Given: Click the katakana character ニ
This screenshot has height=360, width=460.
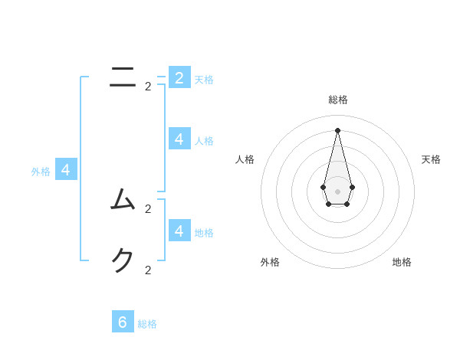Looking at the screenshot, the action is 123,76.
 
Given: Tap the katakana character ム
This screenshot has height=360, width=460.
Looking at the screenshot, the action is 123,199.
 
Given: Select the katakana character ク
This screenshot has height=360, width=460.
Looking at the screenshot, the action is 123,260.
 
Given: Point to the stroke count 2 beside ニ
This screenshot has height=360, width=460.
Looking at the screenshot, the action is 148,87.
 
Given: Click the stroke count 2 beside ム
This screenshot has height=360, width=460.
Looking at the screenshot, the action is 148,208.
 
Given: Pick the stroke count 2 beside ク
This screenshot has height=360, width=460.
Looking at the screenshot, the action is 148,270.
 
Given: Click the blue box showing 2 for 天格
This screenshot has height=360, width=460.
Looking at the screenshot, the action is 179,77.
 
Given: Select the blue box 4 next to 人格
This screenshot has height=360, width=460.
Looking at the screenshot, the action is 179,139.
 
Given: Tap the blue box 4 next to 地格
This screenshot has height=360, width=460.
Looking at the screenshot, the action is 179,231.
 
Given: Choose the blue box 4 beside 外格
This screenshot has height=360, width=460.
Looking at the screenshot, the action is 66,169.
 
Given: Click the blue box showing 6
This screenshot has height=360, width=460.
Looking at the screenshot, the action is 123,322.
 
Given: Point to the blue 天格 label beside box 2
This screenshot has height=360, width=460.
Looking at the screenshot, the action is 204,80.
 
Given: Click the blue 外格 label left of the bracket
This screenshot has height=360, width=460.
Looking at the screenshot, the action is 41,172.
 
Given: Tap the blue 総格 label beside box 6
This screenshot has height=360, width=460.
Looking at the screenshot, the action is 147,325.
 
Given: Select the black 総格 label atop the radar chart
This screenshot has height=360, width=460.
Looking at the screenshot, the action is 338,100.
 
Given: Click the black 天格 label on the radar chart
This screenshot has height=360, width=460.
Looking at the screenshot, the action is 431,159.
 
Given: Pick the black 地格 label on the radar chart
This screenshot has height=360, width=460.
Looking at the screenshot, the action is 402,262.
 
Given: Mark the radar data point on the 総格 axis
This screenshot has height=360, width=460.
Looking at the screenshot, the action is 337,130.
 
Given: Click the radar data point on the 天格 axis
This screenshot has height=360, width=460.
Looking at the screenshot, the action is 352,187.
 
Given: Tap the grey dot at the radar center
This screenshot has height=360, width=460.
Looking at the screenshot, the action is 337,191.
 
